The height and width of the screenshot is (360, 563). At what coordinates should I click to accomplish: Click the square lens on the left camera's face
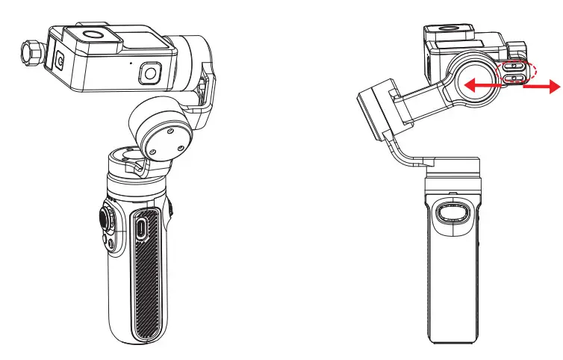[150, 73]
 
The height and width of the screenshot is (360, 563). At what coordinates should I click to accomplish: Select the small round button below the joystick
[110, 244]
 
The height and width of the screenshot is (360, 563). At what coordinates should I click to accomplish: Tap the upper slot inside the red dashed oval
[513, 67]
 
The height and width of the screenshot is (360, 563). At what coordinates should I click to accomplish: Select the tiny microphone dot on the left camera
[131, 63]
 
